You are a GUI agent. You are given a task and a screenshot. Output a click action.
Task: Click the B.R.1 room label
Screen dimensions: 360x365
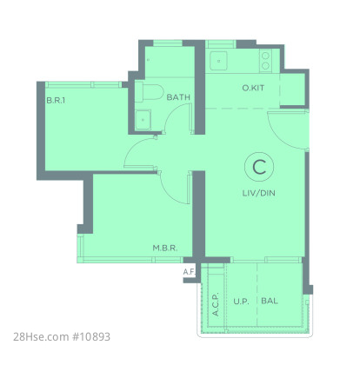tap(56, 101)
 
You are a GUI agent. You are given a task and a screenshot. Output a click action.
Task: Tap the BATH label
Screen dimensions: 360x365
tap(178, 97)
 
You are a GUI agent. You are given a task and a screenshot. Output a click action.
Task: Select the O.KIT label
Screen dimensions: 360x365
tap(253, 88)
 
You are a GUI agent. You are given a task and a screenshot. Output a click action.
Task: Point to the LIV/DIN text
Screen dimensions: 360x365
tap(259, 193)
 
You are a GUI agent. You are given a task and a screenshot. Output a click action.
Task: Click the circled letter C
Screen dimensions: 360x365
tap(259, 167)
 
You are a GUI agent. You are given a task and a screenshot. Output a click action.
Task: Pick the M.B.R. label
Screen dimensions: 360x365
tap(165, 248)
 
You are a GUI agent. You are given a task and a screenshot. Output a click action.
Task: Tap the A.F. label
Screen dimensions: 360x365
tap(190, 272)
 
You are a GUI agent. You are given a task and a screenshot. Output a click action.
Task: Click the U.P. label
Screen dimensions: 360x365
tap(241, 302)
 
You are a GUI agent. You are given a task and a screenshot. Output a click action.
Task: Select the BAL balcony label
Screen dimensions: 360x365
tap(270, 301)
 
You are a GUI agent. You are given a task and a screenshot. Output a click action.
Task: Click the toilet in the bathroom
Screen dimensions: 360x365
tap(149, 92)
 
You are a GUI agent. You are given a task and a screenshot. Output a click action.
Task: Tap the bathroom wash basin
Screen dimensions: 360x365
tap(143, 120)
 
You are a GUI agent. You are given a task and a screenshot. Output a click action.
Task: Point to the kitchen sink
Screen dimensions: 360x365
tap(219, 61)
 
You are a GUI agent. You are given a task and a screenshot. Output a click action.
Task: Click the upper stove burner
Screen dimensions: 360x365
tap(265, 56)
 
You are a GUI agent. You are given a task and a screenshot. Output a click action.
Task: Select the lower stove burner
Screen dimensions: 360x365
tap(265, 66)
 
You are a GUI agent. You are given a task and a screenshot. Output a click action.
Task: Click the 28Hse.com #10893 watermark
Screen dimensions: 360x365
tap(62, 337)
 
